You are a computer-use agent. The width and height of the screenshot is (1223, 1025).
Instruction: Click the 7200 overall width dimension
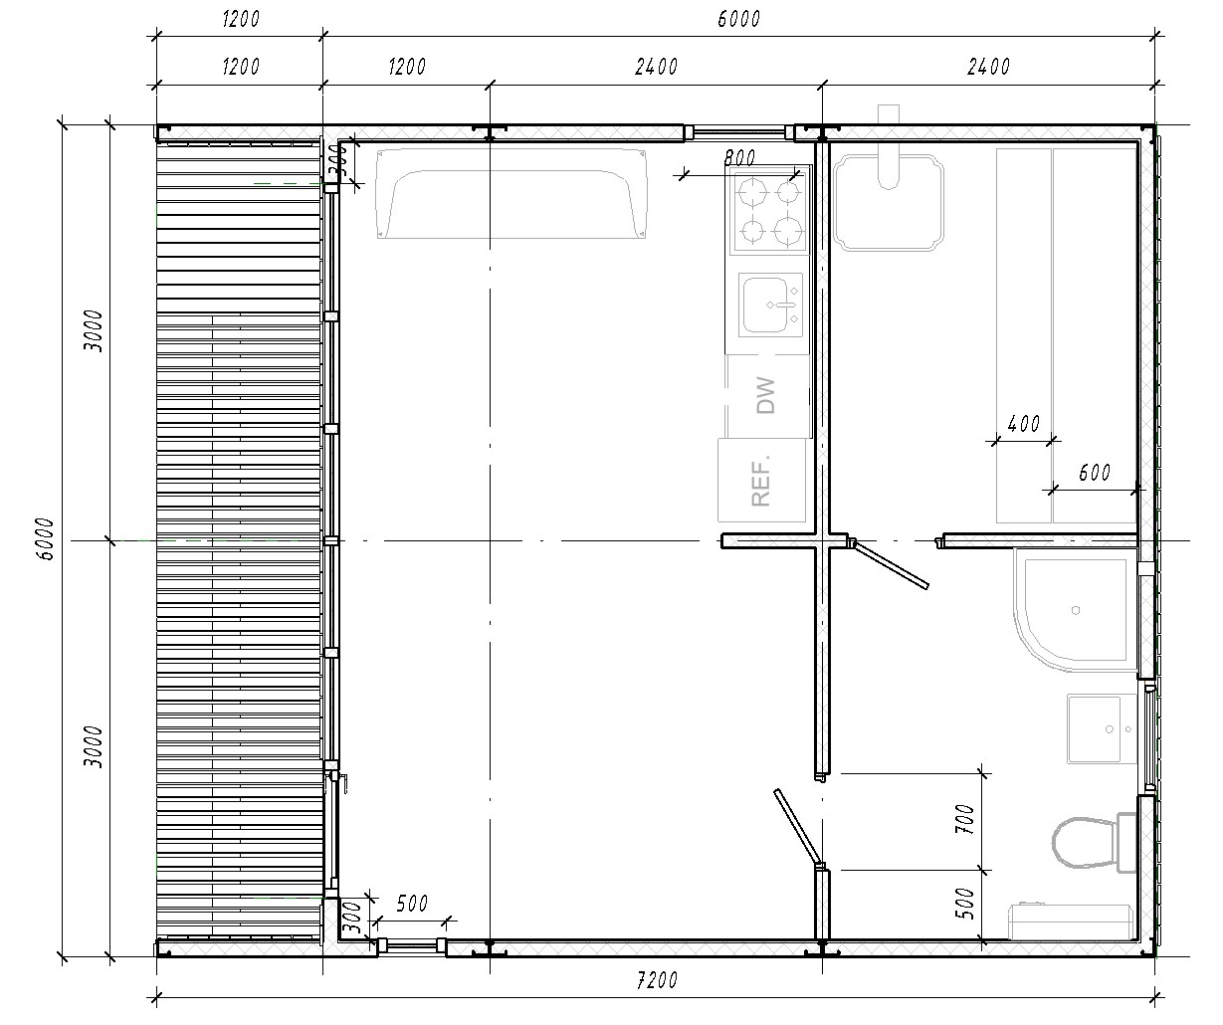(x=657, y=980)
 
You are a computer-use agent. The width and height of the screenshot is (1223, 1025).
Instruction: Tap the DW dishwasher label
(x=765, y=395)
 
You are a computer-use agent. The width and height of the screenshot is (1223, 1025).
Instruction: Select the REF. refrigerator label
(x=760, y=481)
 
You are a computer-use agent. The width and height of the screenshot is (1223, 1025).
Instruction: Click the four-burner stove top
(x=769, y=211)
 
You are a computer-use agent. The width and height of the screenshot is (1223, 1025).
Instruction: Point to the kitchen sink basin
(x=769, y=305)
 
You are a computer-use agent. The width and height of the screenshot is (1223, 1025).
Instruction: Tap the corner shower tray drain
(x=1076, y=610)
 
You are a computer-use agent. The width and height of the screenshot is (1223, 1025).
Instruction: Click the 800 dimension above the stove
(x=739, y=157)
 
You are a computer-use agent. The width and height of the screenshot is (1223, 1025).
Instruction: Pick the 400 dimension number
(x=1023, y=424)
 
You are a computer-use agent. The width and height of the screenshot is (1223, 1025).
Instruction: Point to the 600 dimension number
(x=1095, y=472)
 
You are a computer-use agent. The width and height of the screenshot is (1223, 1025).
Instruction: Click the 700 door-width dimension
(x=964, y=819)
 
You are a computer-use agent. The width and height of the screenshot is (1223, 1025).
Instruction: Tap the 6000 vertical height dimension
(x=45, y=538)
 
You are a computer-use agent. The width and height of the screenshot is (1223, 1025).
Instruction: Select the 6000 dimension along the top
(x=738, y=19)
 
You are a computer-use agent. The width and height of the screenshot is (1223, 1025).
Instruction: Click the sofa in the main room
(x=511, y=194)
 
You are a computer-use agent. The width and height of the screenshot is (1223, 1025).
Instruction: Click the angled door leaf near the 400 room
(x=890, y=564)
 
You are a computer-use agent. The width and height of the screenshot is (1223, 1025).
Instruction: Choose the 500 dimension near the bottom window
(x=412, y=904)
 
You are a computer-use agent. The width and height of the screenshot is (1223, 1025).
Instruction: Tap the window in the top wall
(x=738, y=132)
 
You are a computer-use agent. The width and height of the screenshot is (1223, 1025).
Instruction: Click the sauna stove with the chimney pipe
(x=889, y=203)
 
